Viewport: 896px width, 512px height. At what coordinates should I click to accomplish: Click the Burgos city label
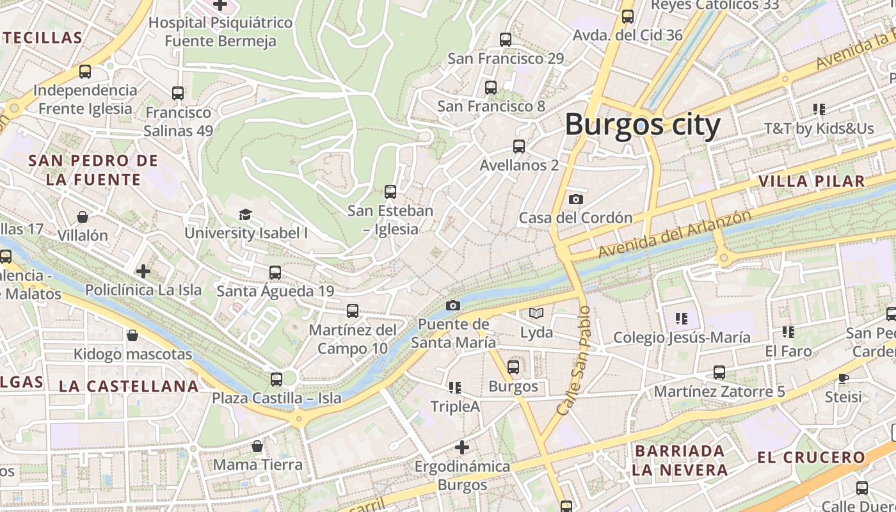(x=643, y=124)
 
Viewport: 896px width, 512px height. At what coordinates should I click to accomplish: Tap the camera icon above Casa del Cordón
(x=576, y=199)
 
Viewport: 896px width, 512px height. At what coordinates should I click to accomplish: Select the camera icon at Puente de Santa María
(x=453, y=305)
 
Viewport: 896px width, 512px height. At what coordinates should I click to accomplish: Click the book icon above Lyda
(x=536, y=314)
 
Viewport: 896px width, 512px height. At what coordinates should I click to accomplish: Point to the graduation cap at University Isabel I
(x=245, y=214)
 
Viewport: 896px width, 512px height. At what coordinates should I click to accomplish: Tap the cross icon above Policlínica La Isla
(x=143, y=271)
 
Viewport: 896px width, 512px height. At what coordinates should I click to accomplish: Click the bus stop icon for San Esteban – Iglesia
(x=390, y=191)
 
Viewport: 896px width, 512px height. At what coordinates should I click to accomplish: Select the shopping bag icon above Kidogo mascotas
(x=132, y=335)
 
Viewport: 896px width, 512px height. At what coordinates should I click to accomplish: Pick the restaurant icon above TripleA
(x=455, y=387)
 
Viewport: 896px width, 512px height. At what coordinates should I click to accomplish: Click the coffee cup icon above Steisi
(x=844, y=378)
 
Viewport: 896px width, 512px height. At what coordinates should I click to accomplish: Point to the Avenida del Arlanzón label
(x=675, y=234)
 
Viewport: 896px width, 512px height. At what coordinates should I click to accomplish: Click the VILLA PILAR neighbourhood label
(x=812, y=181)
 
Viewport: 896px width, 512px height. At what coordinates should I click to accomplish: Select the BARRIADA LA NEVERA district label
(x=680, y=460)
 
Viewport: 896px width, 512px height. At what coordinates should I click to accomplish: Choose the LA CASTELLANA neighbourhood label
(x=129, y=386)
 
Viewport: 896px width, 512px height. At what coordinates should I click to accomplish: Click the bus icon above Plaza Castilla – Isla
(x=276, y=380)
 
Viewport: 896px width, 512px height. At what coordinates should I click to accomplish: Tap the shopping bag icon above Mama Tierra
(x=257, y=445)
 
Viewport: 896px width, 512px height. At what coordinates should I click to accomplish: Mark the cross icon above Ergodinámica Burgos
(x=462, y=447)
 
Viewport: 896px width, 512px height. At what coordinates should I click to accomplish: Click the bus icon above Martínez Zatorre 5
(x=719, y=372)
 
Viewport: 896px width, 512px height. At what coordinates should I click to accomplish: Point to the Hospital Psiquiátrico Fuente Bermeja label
(x=221, y=32)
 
